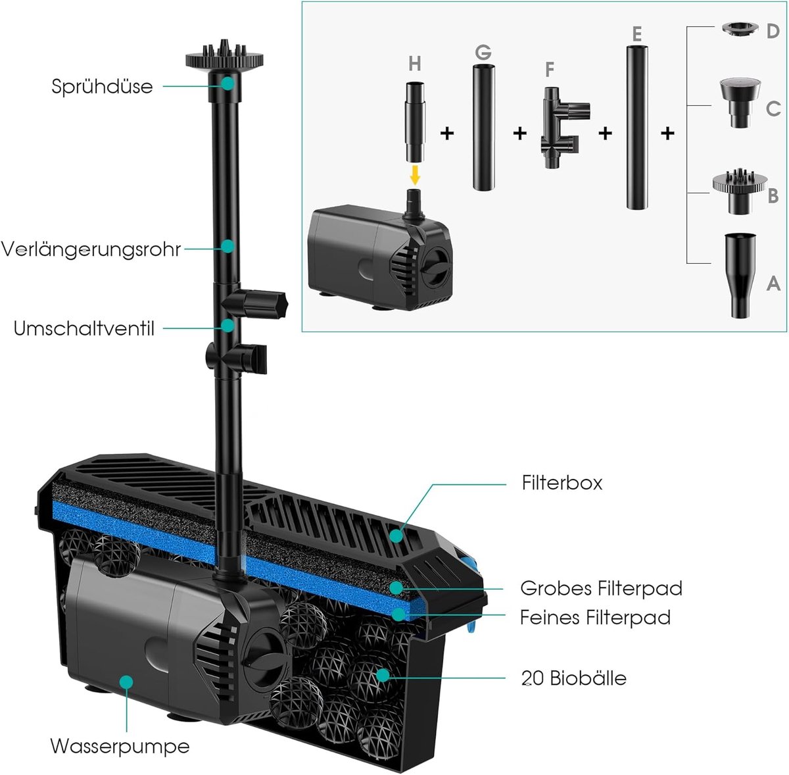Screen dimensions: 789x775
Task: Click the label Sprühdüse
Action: (x=102, y=86)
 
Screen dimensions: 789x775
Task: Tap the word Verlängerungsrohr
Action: (x=91, y=249)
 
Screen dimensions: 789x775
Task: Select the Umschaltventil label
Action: (x=84, y=328)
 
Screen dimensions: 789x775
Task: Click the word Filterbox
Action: (x=562, y=482)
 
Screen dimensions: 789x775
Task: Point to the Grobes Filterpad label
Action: (x=602, y=588)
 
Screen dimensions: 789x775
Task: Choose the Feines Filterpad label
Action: (x=595, y=617)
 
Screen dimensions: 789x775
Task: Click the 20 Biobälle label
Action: (x=574, y=678)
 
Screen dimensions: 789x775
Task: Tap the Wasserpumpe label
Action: (x=120, y=746)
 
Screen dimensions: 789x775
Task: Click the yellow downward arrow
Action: (x=415, y=175)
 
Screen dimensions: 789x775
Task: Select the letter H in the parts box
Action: (x=414, y=64)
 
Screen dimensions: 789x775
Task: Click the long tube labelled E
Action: (x=636, y=128)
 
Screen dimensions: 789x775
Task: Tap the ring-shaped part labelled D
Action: (x=740, y=29)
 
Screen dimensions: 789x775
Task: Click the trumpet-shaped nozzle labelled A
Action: (x=740, y=276)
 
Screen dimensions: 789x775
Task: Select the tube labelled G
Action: (x=483, y=127)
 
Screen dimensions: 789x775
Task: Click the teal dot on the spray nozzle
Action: (x=227, y=83)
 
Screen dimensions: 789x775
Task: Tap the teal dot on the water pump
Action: (x=126, y=682)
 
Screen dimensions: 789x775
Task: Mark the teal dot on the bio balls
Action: (x=383, y=674)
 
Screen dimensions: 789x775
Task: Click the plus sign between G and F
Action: (x=520, y=133)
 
